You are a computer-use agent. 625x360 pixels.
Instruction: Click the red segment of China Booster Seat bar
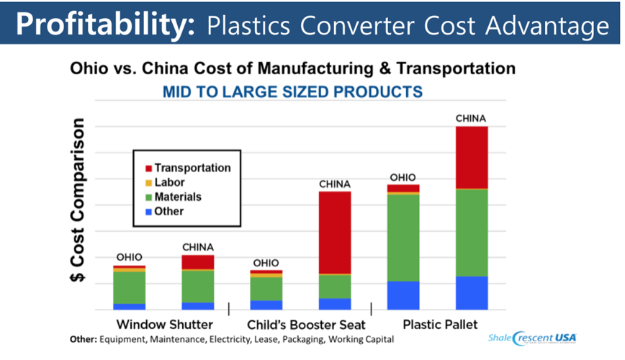click(x=335, y=233)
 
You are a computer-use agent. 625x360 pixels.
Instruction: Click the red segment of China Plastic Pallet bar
click(x=472, y=157)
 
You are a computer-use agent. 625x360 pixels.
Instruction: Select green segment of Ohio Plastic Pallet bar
click(x=403, y=238)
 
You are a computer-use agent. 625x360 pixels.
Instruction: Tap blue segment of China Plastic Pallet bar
click(x=472, y=292)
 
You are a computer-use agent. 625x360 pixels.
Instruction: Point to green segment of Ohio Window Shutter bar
click(x=130, y=287)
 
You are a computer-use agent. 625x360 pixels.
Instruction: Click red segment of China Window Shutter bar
click(x=198, y=262)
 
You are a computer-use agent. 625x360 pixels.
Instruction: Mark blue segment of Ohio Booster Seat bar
click(x=266, y=305)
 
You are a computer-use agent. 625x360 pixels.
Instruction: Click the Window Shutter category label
click(x=164, y=324)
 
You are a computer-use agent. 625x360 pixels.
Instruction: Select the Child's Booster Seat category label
click(x=306, y=324)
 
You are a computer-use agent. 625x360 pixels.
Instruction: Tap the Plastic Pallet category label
click(x=440, y=324)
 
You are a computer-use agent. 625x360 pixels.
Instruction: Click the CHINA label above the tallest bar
click(x=472, y=118)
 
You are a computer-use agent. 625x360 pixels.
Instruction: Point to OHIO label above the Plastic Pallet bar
click(x=403, y=177)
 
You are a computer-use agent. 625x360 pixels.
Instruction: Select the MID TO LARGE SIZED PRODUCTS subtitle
click(x=292, y=92)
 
